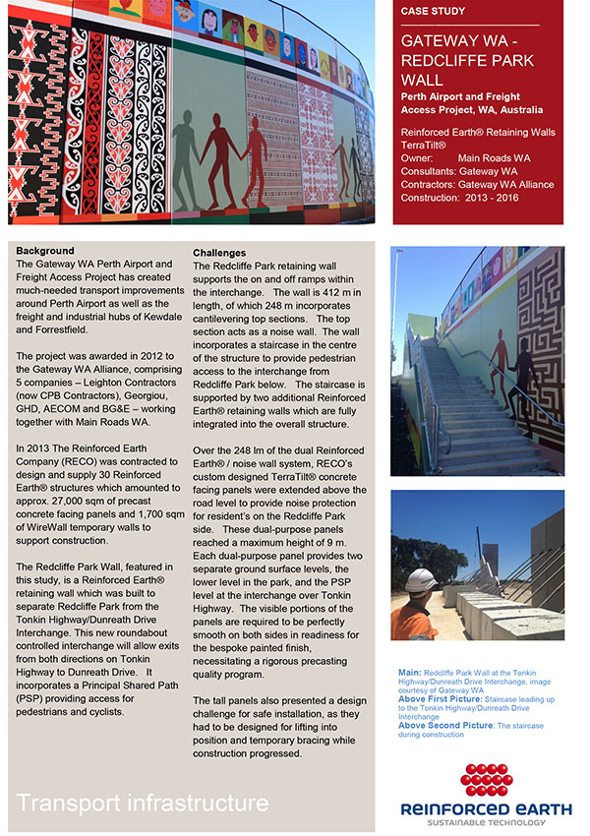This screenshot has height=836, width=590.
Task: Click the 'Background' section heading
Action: coord(45,252)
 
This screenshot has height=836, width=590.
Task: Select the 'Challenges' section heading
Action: coord(219,253)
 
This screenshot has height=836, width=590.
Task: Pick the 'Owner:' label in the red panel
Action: coord(418,157)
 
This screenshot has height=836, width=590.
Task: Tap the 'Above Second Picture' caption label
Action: coord(444,725)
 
